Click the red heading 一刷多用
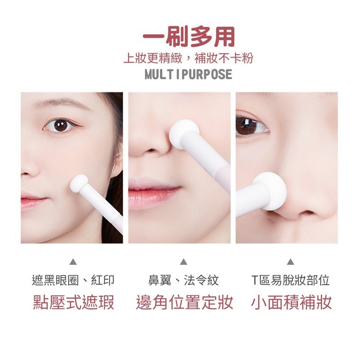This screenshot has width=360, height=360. (189, 36)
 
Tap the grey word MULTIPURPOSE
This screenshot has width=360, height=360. (189, 74)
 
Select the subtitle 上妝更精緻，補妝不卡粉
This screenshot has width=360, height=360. (188, 58)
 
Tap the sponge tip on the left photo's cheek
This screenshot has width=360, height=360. (78, 183)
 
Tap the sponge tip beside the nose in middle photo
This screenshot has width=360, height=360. (184, 132)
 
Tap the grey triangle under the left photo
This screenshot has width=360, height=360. (73, 261)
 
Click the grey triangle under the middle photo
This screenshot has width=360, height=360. (184, 261)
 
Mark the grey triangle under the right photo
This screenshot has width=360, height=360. (290, 261)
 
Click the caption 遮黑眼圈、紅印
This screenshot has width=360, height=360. (73, 280)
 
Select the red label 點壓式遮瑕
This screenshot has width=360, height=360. (74, 302)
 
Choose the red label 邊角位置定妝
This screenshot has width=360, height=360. (184, 302)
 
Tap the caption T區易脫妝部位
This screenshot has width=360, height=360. (290, 280)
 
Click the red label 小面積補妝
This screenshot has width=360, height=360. (292, 302)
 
